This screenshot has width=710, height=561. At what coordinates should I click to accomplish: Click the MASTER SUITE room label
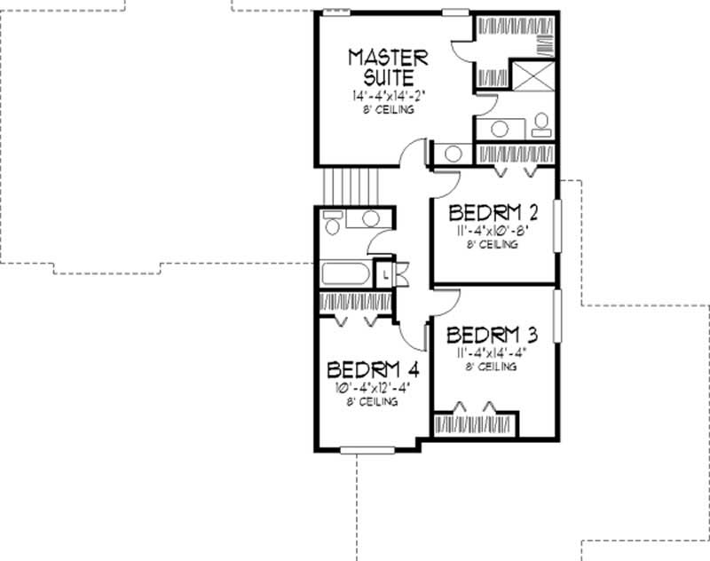(387, 67)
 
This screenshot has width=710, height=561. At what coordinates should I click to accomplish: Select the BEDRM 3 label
(493, 336)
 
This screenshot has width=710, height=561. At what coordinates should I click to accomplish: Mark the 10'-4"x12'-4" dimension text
(372, 387)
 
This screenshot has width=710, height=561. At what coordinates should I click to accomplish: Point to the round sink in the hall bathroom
(370, 218)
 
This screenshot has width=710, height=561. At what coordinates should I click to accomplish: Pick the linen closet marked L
(386, 274)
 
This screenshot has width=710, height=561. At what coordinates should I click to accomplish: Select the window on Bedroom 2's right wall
(557, 226)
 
